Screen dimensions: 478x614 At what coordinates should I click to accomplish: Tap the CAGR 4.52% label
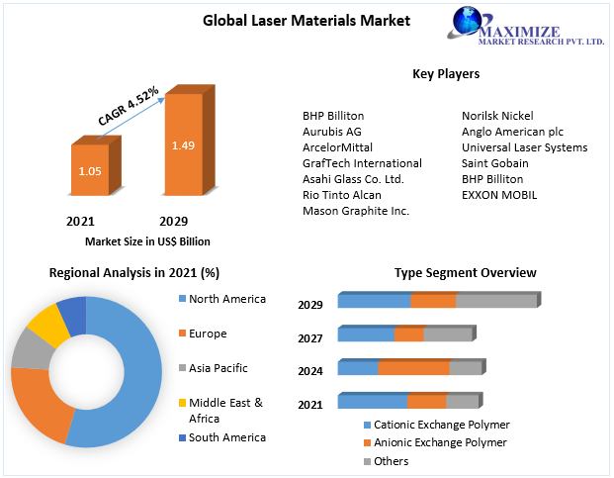pos(129,105)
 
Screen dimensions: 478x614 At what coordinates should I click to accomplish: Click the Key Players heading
pos(445,74)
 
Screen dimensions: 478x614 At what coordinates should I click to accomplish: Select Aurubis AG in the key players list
pos(332,132)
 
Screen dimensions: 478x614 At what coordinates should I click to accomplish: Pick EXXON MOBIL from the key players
pos(499,195)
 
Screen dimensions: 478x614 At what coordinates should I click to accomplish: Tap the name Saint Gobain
pos(494,163)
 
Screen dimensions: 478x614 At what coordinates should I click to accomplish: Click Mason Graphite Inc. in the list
pos(356,211)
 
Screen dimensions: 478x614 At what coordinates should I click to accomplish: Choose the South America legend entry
pos(226,437)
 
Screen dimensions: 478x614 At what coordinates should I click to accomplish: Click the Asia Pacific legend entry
pos(218,368)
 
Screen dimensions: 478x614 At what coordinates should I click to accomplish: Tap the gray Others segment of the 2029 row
pos(496,301)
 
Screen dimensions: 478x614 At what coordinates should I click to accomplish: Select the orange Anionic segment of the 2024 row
pos(413,368)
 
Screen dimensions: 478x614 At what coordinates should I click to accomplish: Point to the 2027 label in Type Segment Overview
pos(310,338)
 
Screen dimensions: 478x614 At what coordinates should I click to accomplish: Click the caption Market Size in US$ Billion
pos(147,241)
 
